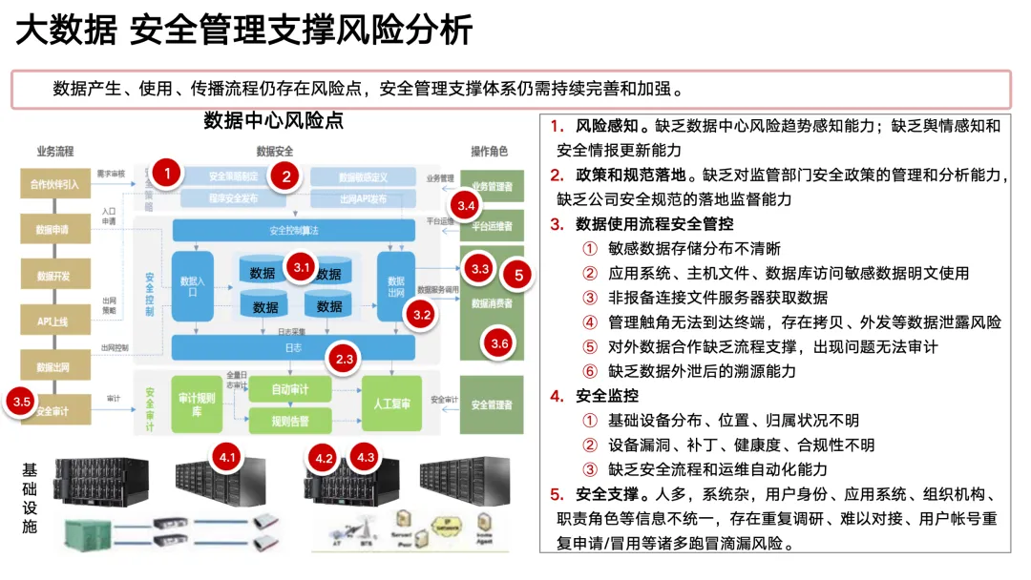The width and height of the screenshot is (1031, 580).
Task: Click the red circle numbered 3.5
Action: click(23, 402)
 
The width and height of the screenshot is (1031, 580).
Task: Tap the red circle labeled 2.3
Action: click(345, 359)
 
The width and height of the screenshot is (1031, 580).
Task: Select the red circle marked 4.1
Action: click(227, 458)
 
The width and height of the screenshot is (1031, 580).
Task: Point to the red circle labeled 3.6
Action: click(498, 343)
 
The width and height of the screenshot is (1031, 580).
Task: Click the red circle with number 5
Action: click(518, 275)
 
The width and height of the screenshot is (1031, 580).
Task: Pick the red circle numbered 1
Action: click(167, 174)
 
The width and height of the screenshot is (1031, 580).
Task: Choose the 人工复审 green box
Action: click(391, 404)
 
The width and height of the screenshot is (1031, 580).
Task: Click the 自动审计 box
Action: click(289, 389)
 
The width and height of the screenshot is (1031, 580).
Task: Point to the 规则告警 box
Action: click(289, 419)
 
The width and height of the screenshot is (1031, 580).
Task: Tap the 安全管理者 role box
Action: click(492, 404)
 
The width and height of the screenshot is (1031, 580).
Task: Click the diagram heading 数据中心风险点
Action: click(273, 121)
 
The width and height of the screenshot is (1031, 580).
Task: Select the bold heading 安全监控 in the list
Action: click(607, 395)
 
